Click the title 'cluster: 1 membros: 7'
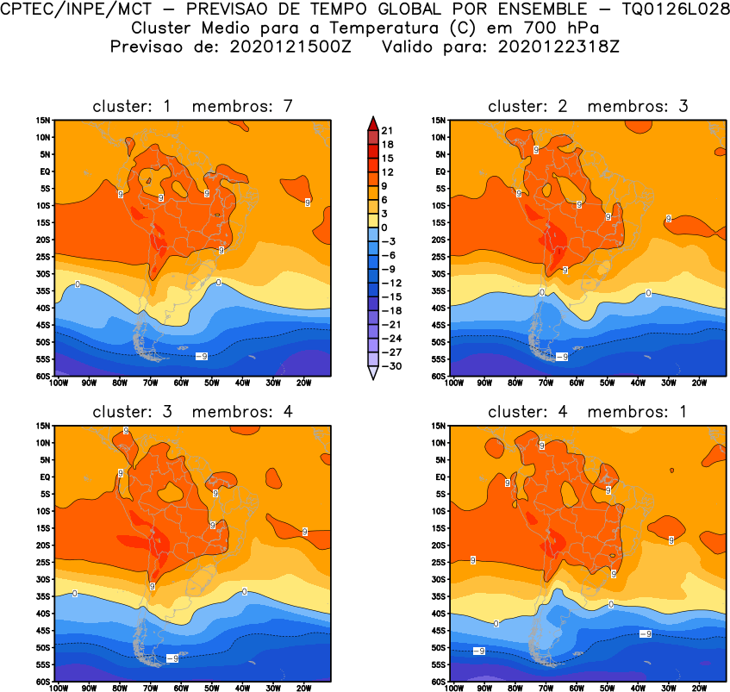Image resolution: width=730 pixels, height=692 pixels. (x=193, y=106)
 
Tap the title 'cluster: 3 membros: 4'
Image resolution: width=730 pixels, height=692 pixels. (x=193, y=411)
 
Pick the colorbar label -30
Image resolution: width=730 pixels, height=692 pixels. (x=390, y=366)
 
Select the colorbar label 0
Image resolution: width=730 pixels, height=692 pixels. (x=384, y=228)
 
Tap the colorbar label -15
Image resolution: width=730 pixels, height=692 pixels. (x=390, y=296)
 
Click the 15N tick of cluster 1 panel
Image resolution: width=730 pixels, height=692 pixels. (x=41, y=120)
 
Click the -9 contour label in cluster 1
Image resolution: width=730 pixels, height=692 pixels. (x=201, y=356)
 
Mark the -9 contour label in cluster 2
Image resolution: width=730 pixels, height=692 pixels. (x=561, y=356)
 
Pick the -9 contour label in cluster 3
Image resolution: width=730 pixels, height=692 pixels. (x=172, y=658)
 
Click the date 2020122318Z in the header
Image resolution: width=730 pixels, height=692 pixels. (x=558, y=47)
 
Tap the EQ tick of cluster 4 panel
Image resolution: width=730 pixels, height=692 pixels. (x=439, y=477)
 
